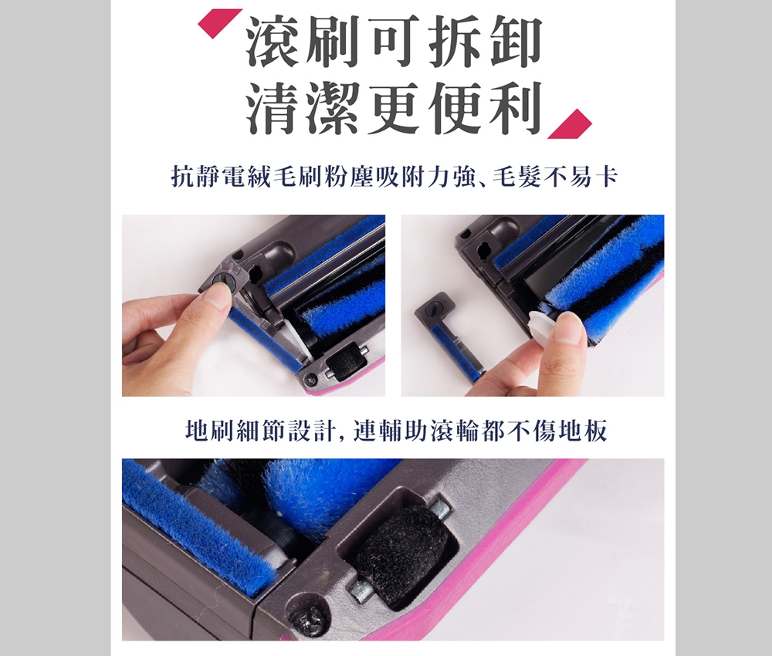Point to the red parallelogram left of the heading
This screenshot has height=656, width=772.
click(x=219, y=22)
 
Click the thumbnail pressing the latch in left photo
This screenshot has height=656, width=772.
click(x=218, y=296)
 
